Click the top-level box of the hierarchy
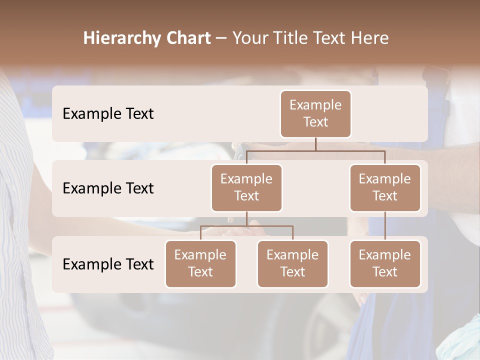pos(315,114)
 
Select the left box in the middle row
pos(246,188)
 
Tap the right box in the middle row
pos(385,188)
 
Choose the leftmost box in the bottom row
pos(200,264)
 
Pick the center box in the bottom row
pos(292,264)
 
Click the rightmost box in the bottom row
pos(385,264)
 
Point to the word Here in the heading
pos(371,38)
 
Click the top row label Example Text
pos(108,114)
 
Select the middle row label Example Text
pos(108,188)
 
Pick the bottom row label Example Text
pos(108,264)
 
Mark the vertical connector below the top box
pos(315,144)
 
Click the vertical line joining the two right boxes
pos(385,226)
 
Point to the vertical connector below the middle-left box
pos(246,218)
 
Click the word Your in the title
pos(250,38)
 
